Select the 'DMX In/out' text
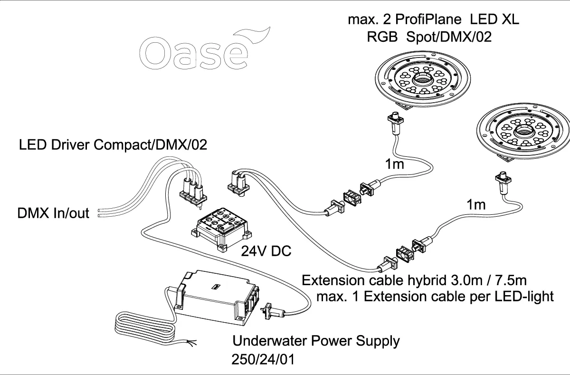click(53, 213)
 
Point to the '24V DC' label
click(266, 251)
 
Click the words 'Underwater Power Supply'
click(316, 341)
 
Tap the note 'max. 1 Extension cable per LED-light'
click(435, 297)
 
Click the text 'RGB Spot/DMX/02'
click(429, 38)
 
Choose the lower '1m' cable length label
click(476, 205)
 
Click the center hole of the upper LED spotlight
click(422, 78)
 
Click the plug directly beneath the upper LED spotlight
click(395, 119)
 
